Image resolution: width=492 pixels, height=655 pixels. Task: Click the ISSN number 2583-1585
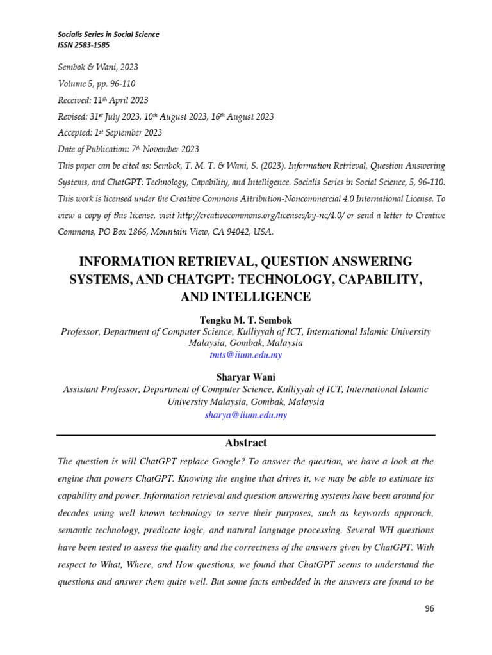pos(92,46)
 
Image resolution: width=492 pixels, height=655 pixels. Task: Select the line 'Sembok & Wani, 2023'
pos(98,67)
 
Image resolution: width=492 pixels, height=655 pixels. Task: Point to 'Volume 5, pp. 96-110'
pos(97,84)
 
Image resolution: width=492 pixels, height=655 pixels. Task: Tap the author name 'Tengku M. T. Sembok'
pos(245,320)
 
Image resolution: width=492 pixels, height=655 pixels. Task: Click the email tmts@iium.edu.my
pos(245,354)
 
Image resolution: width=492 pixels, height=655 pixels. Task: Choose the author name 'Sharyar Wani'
pos(245,377)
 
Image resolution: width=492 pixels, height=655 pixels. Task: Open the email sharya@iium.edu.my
pos(245,414)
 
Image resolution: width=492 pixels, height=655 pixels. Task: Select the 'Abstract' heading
pos(245,443)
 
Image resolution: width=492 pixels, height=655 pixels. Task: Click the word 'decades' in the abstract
pos(74,513)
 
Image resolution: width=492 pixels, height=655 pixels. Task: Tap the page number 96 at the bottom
pos(429,608)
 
